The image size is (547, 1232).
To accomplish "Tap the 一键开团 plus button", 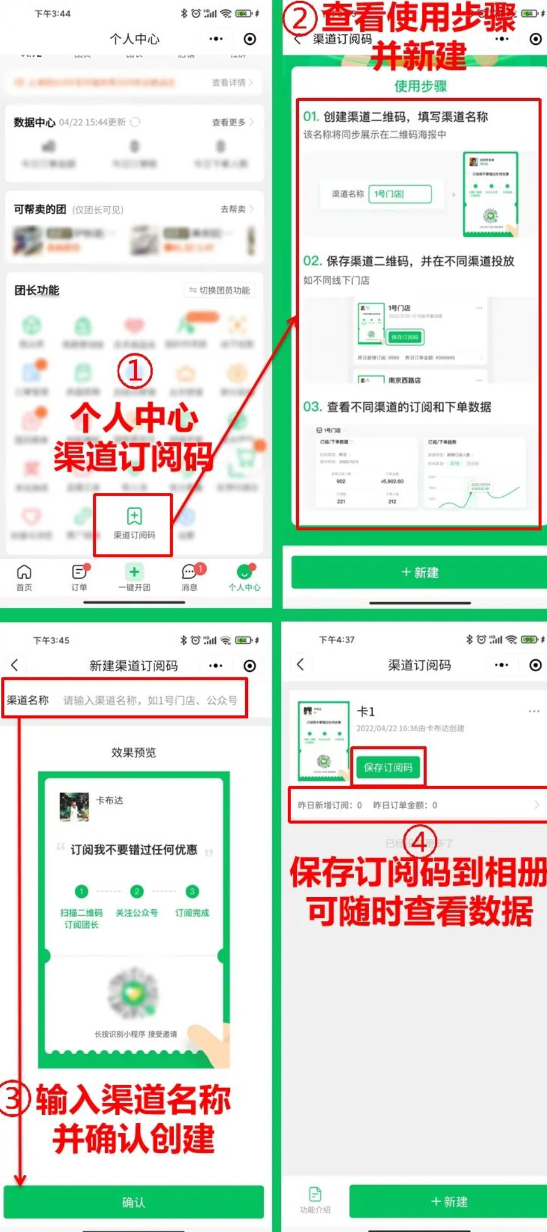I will pyautogui.click(x=134, y=572).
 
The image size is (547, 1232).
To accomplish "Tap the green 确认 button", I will pyautogui.click(x=134, y=1201).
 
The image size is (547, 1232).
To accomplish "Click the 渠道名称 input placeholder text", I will pyautogui.click(x=150, y=700).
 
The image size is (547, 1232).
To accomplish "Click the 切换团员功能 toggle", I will pyautogui.click(x=220, y=290).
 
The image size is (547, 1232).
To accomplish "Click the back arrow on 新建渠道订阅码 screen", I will pyautogui.click(x=15, y=665).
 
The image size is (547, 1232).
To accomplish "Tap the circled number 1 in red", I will pyautogui.click(x=135, y=372).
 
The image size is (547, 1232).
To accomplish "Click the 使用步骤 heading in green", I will pyautogui.click(x=420, y=86).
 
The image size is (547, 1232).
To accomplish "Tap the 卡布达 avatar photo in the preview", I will pyautogui.click(x=74, y=807).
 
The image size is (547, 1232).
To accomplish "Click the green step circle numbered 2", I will pyautogui.click(x=136, y=892).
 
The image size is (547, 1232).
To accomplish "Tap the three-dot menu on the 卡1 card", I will pyautogui.click(x=533, y=711).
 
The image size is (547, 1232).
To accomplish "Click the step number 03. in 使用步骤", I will pyautogui.click(x=312, y=407).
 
